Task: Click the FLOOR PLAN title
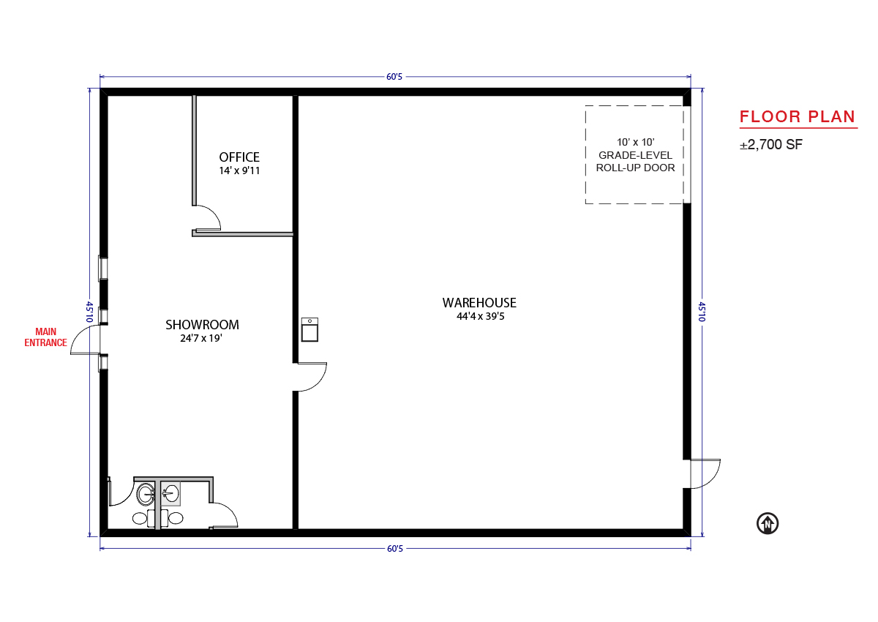pos(798,117)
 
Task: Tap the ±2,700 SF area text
pos(771,145)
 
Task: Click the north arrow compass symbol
pos(768,524)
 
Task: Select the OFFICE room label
pos(239,157)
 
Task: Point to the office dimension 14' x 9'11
pos(239,171)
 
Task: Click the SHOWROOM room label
pos(202,325)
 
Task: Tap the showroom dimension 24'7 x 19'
pos(201,338)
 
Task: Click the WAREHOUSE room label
pos(479,303)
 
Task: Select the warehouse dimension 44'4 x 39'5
pos(480,316)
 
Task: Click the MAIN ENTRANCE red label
pos(45,337)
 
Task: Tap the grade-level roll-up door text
pos(635,155)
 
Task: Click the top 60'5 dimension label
pos(394,77)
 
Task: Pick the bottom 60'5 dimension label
pos(394,549)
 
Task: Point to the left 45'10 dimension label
pos(89,312)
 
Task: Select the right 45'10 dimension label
pos(702,312)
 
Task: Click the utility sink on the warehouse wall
pos(309,329)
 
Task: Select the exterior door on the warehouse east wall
pos(705,474)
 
